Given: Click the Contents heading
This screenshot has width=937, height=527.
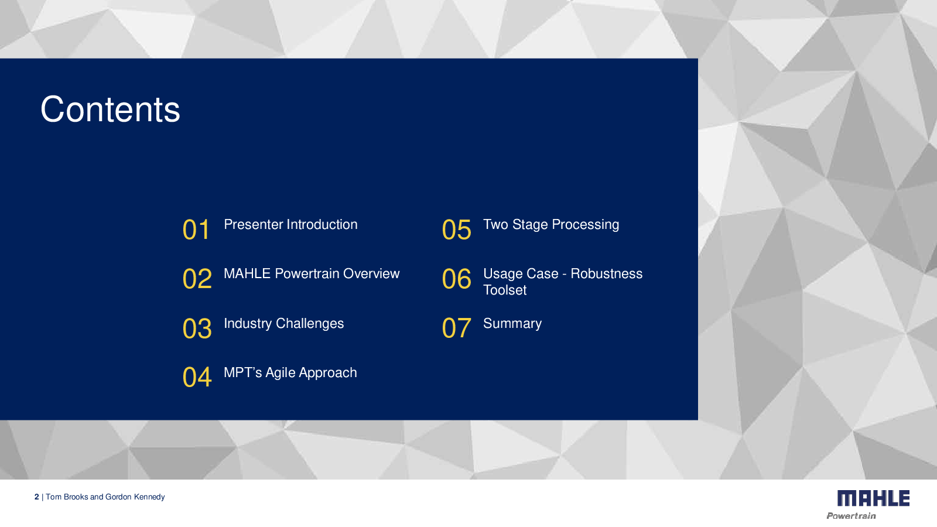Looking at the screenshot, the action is tap(110, 109).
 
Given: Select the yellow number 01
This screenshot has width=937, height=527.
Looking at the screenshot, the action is tap(196, 230).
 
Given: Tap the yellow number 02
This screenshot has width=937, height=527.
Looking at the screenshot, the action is tap(197, 279).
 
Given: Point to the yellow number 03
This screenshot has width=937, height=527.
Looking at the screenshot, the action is tap(197, 328).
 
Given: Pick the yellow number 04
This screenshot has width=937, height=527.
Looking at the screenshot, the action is tap(197, 377).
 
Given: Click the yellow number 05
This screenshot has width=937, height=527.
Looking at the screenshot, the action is tap(456, 230).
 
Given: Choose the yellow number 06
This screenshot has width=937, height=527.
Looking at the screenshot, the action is tap(456, 279).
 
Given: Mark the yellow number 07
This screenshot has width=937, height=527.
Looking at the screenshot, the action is tap(456, 328).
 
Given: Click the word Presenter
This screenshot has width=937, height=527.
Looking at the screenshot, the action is tap(254, 225).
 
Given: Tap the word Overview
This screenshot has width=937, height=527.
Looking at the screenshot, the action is tap(371, 273).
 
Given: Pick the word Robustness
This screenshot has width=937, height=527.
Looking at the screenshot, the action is tap(607, 273).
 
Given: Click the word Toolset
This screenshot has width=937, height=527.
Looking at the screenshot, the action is tap(505, 290).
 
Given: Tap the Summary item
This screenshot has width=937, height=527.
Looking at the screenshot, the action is tap(512, 323).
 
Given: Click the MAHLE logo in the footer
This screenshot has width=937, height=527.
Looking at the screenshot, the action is tap(873, 498).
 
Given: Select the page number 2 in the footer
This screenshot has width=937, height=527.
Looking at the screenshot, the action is tap(37, 497).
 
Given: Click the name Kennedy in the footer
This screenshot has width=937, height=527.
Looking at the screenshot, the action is tap(149, 497).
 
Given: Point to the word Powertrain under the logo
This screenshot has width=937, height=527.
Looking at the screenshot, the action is tap(851, 516).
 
